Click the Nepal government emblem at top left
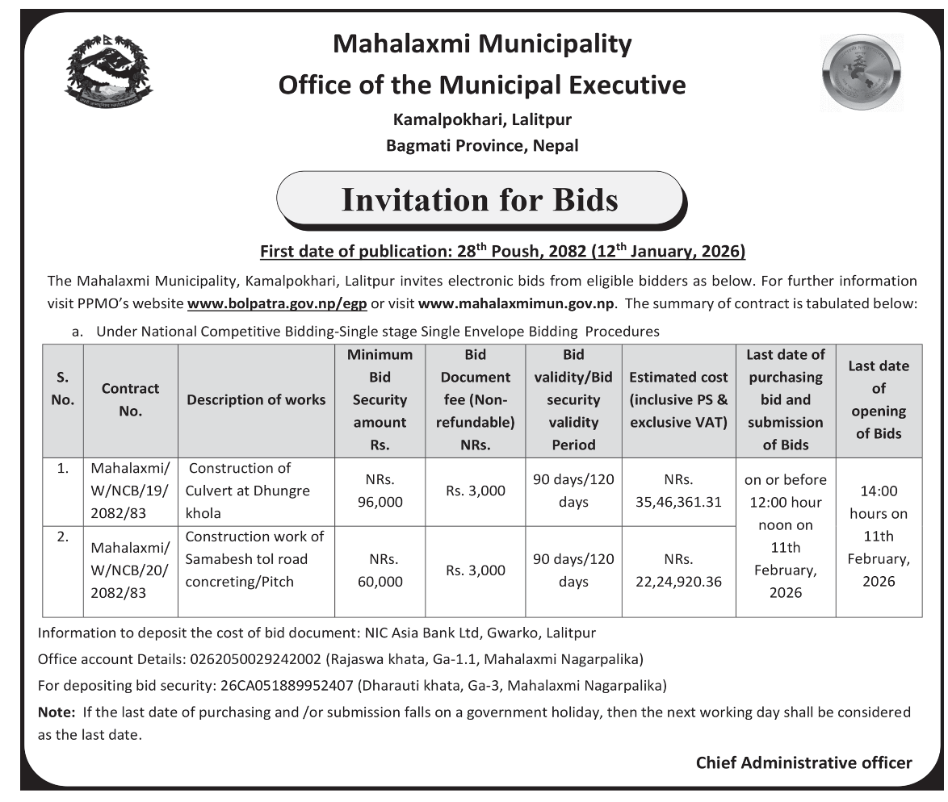point(108,72)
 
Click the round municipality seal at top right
point(862,73)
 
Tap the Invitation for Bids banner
point(480,199)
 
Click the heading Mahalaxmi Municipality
point(482,44)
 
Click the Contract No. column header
point(130,399)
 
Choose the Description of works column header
point(256,399)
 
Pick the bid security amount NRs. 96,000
point(380,491)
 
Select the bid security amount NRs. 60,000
point(380,570)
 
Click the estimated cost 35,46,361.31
point(678,491)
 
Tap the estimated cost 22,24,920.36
point(678,570)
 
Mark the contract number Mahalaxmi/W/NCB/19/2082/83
point(130,491)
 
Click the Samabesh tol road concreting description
point(254,558)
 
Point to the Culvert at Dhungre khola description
point(249,491)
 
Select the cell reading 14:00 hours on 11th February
point(878,536)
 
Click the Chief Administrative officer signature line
point(803,762)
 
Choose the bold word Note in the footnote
point(56,712)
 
